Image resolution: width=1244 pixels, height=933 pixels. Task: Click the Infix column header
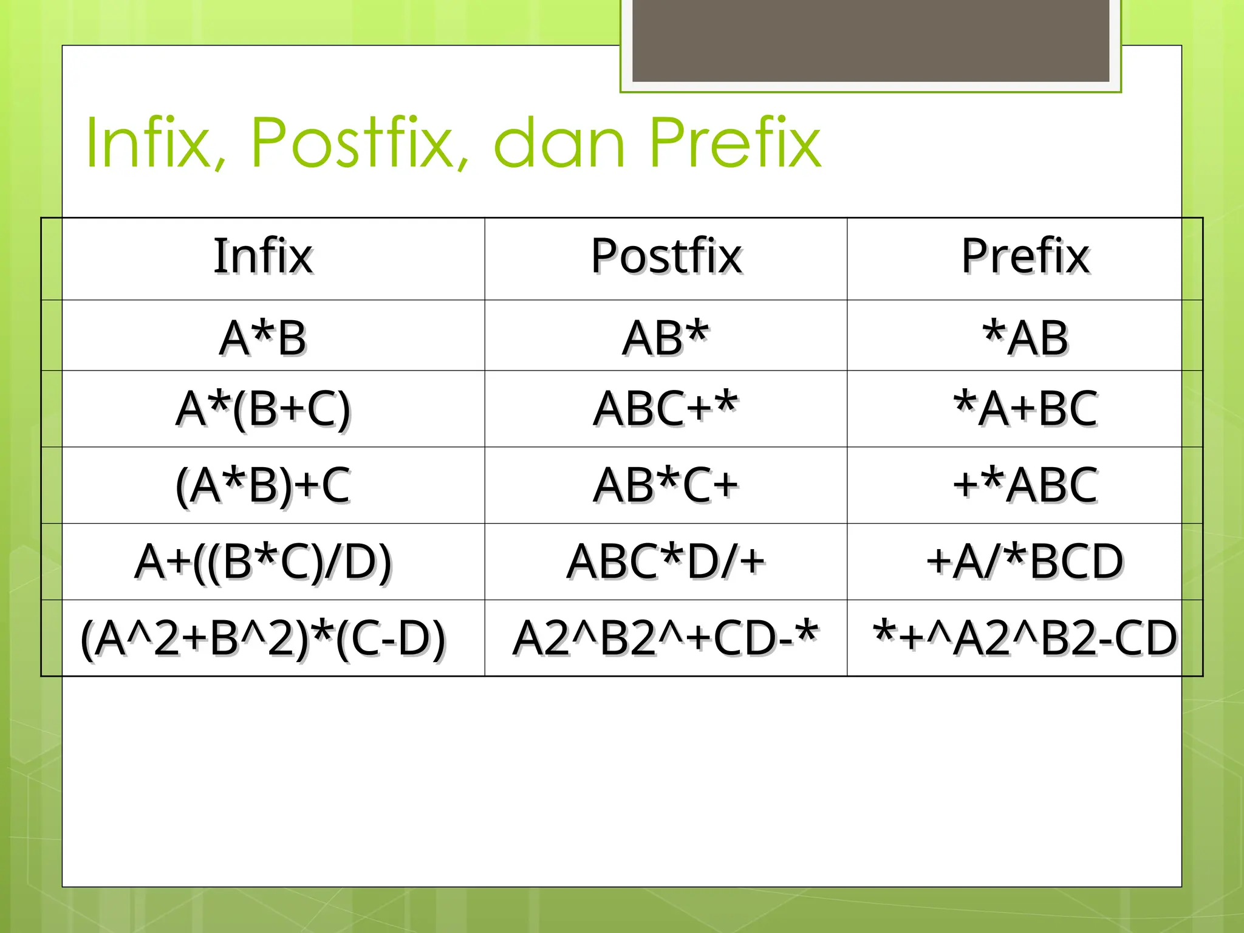[x=263, y=256]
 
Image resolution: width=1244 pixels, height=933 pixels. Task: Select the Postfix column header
[x=666, y=256]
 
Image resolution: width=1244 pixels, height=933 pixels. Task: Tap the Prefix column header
[x=1025, y=256]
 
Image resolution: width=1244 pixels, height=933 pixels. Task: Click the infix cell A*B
[x=263, y=337]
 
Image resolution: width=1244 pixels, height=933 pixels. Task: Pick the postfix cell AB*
[x=666, y=337]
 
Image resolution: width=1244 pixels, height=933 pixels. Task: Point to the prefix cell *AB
[x=1025, y=337]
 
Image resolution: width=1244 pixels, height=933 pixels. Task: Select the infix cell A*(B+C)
[x=263, y=409]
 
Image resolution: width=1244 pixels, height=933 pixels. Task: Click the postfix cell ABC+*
[x=666, y=409]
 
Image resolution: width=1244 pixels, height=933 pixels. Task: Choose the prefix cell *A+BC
[x=1025, y=409]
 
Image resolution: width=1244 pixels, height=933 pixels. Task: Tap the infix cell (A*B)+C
[x=263, y=485]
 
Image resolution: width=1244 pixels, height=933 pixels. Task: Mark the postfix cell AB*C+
[x=666, y=485]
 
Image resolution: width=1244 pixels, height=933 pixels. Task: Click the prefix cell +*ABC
[x=1025, y=485]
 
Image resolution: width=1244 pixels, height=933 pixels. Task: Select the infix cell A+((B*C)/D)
[x=263, y=562]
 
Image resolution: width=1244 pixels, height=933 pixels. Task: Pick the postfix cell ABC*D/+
[x=666, y=562]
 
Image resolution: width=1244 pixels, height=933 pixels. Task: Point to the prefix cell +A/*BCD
[x=1025, y=562]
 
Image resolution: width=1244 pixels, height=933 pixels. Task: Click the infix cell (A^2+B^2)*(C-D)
[x=263, y=638]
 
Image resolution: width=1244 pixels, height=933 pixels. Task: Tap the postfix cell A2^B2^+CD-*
[x=666, y=638]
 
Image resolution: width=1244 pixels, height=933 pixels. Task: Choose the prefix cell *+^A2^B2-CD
[x=1025, y=638]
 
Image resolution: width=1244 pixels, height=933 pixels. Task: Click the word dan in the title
[x=559, y=143]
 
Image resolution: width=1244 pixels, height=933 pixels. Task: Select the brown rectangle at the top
[x=870, y=40]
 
